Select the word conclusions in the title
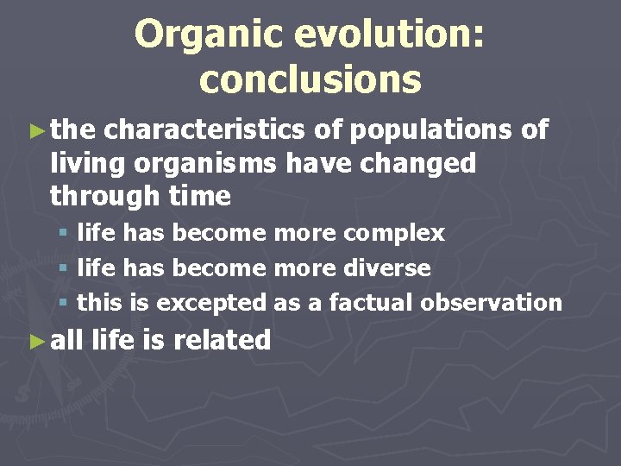pyautogui.click(x=310, y=79)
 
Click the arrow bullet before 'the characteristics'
pyautogui.click(x=35, y=130)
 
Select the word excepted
pyautogui.click(x=215, y=303)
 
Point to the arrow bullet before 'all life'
pyautogui.click(x=35, y=340)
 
